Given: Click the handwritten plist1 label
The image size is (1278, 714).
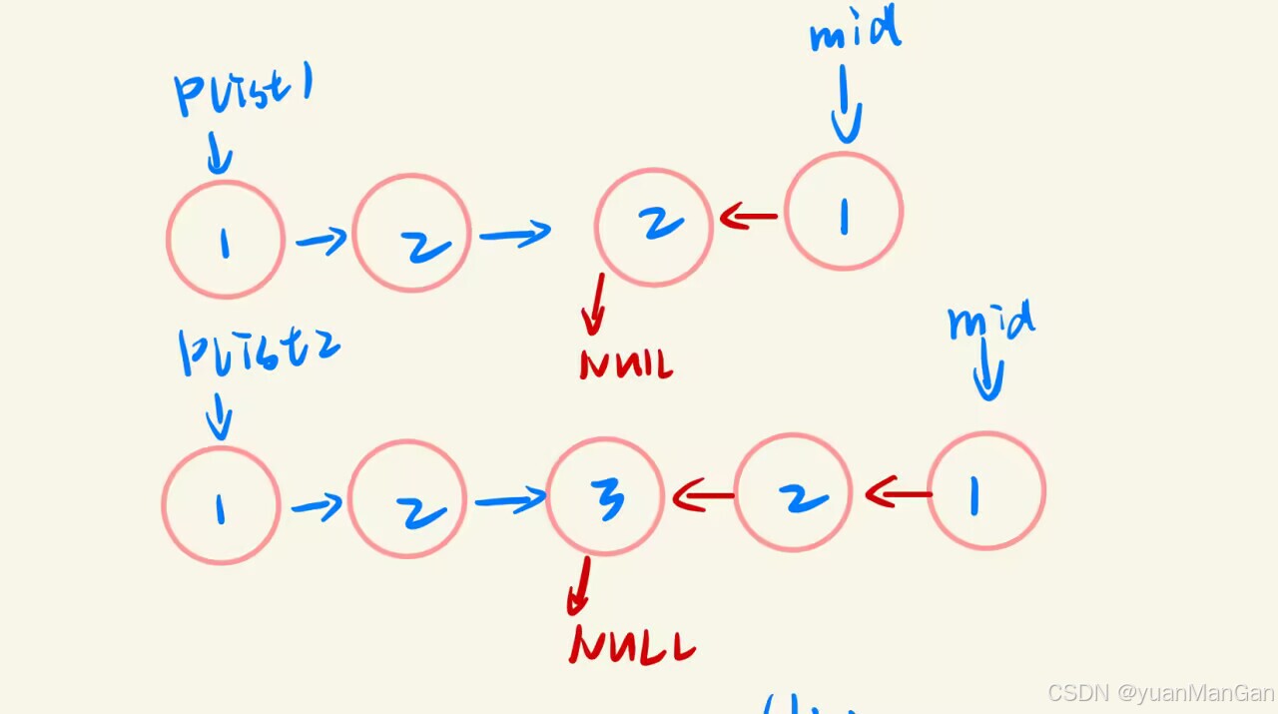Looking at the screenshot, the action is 244,93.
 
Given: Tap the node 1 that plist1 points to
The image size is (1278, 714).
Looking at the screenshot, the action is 226,240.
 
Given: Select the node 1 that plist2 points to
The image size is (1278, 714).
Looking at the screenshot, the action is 221,505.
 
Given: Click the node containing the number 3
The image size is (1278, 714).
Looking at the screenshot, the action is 605,496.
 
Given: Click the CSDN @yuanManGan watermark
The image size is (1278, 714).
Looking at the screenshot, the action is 1160,693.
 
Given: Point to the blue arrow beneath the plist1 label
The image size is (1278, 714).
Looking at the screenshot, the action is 219,156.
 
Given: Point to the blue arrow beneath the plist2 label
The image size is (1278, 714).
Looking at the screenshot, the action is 219,416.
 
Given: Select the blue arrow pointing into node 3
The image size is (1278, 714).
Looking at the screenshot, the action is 510,499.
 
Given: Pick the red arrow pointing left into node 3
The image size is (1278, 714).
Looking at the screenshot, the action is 704,494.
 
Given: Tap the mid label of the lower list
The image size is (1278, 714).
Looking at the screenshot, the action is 990,323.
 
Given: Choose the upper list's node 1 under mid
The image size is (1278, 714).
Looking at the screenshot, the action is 844,212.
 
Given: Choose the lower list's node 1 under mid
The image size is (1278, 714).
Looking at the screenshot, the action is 986,491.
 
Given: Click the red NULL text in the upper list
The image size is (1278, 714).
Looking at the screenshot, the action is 626,363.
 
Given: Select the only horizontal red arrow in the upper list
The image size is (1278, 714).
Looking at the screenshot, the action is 749,215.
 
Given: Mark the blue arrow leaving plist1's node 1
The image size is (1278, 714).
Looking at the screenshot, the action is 320,240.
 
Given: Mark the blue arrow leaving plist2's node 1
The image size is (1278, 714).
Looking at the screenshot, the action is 317,507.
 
